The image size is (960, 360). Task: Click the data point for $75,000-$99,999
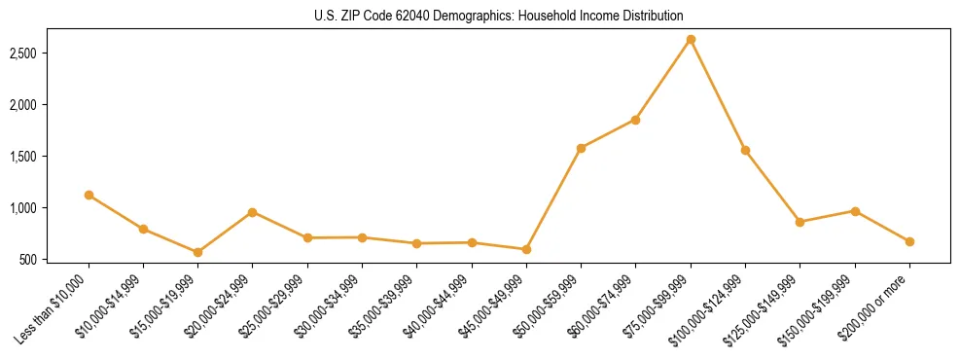[691, 40]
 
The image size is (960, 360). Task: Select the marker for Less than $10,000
[89, 195]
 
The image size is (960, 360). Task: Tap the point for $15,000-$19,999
[197, 252]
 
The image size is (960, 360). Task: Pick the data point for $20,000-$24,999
[252, 212]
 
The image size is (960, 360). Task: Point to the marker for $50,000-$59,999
[581, 148]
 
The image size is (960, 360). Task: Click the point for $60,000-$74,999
[635, 120]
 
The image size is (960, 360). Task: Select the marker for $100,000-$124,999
[745, 150]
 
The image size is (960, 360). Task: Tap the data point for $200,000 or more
[909, 241]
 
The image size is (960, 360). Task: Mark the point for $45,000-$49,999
[526, 249]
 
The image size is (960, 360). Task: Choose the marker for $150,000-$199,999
[855, 211]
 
